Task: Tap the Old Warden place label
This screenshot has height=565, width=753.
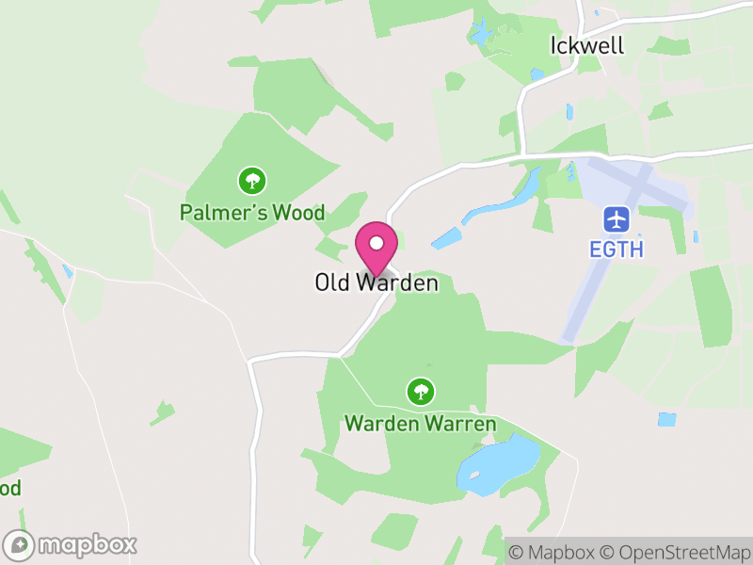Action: point(376,282)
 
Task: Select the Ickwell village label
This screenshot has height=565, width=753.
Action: point(586,45)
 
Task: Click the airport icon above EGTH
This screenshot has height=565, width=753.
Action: point(617,219)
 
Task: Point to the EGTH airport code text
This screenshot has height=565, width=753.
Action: point(617,250)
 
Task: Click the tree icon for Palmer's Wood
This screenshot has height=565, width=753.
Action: point(251,179)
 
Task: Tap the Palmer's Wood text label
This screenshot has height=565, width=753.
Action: point(252,213)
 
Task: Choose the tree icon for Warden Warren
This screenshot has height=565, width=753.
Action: point(420,390)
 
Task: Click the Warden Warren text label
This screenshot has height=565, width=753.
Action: point(420,424)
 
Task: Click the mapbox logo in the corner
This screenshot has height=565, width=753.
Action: point(72,544)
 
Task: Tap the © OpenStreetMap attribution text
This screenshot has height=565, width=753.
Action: point(675,552)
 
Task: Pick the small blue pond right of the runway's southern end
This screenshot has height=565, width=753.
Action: point(666,419)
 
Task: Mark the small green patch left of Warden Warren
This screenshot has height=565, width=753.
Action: point(162,412)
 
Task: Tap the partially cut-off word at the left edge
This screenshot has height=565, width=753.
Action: point(9,489)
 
